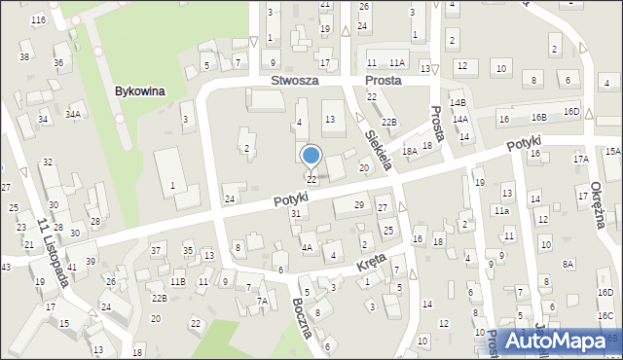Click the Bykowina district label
click(139, 90)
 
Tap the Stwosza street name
click(295, 81)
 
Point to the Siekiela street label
click(378, 150)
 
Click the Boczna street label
click(303, 316)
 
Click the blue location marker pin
click(311, 157)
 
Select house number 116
click(38, 19)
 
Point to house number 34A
click(73, 114)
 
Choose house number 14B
click(458, 102)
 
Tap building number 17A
click(581, 159)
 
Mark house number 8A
click(568, 264)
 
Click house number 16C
click(605, 315)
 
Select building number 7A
click(262, 301)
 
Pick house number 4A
click(307, 248)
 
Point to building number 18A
click(410, 151)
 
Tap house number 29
click(358, 204)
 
